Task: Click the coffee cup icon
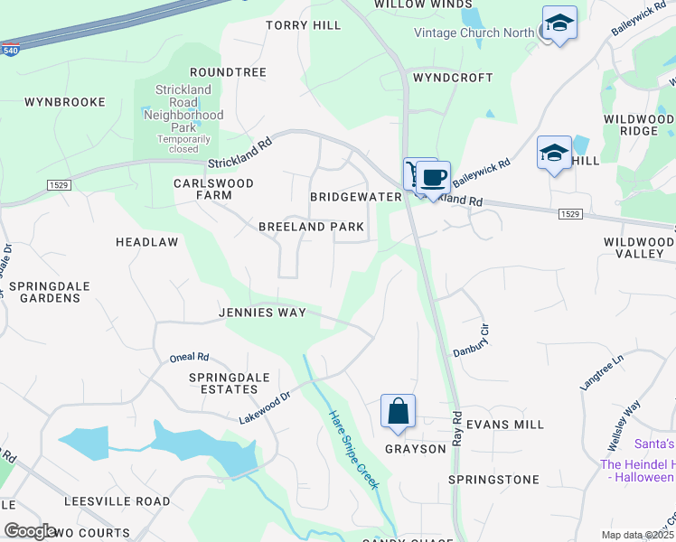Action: click(435, 177)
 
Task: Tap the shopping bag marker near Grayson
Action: click(398, 412)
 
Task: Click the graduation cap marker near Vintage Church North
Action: click(559, 23)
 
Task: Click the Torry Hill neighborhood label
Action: click(304, 25)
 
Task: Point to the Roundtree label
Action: click(228, 71)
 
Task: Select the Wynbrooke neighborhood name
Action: click(65, 102)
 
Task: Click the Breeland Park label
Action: click(311, 227)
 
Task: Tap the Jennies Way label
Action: click(262, 313)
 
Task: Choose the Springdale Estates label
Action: click(223, 382)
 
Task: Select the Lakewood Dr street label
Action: click(265, 407)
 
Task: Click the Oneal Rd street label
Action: click(189, 358)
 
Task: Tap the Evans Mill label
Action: click(507, 424)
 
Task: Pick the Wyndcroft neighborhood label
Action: click(453, 78)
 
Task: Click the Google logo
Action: click(30, 530)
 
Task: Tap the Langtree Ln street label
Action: click(602, 370)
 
